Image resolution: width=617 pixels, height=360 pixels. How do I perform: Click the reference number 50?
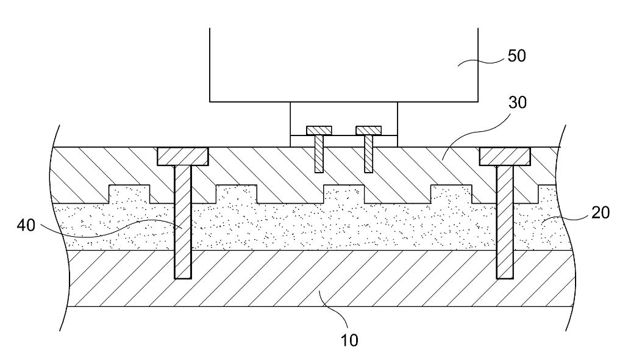516,56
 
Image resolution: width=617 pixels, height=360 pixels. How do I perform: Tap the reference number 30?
518,103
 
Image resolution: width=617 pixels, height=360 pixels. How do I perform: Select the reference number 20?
601,213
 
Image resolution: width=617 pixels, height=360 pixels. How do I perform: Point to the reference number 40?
26,226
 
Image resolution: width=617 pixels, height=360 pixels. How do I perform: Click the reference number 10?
349,340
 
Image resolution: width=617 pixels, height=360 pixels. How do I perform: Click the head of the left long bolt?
182,156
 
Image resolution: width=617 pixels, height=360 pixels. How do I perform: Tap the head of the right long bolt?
505,156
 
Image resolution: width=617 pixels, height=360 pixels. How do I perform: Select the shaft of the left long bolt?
183,221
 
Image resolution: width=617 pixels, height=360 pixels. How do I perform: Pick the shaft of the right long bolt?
505,221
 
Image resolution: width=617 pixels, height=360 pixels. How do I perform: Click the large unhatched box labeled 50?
344,65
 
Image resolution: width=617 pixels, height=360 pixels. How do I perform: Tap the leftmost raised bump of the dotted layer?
129,194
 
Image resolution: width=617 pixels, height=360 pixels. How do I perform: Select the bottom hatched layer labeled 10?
321,278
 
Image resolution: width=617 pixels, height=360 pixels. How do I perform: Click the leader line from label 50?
482,62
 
